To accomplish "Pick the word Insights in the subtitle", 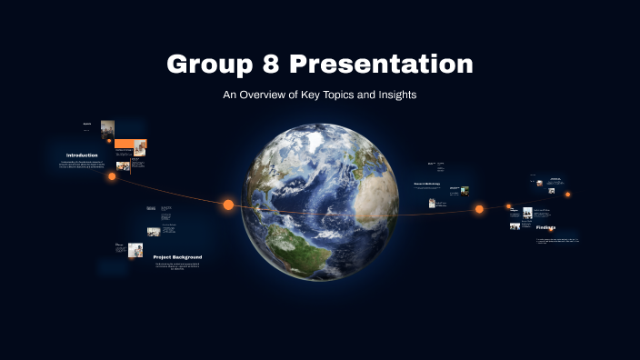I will click(395, 95).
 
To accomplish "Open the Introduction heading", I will click(82, 155).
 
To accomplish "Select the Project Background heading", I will click(177, 257).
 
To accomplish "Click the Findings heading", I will click(545, 228).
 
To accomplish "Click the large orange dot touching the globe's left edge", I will click(228, 205).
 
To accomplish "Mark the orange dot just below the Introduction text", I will click(112, 176).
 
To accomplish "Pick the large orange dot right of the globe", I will click(479, 209).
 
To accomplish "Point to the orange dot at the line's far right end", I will click(568, 194).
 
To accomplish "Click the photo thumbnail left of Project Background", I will click(135, 249).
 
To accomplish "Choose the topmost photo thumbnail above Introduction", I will click(107, 128).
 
